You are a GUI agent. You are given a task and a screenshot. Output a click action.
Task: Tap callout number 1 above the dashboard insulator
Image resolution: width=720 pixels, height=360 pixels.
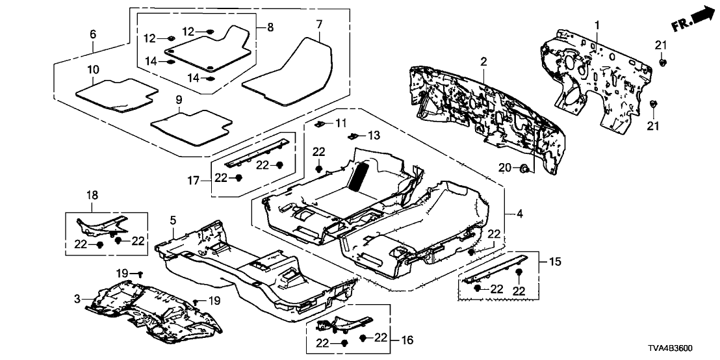tap(596, 25)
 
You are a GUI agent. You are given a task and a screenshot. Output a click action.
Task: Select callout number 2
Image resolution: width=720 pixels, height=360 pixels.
tap(483, 61)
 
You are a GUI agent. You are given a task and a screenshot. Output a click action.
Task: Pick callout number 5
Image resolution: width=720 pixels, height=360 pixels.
tap(173, 222)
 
